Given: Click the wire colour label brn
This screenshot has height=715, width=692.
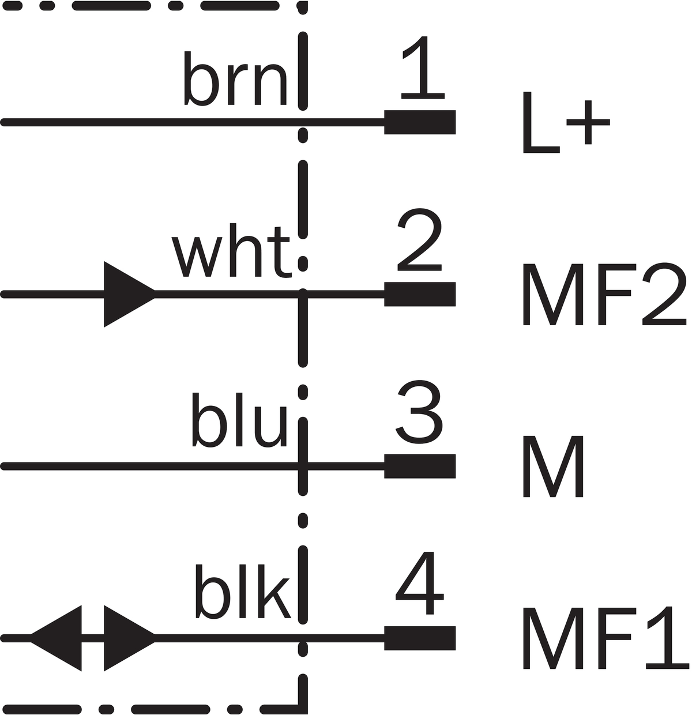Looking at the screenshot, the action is (x=235, y=78).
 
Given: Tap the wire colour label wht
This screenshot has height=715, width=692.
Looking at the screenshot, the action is (x=232, y=251).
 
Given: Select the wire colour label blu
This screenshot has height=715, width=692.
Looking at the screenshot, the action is (x=239, y=420).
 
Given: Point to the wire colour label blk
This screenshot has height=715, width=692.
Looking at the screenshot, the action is (x=243, y=591).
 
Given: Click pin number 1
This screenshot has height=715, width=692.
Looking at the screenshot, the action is (x=423, y=67).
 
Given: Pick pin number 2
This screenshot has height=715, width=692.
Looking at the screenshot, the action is (x=420, y=239).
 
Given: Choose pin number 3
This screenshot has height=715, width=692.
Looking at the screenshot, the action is (x=419, y=412).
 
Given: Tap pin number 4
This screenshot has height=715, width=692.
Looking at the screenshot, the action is (x=420, y=583).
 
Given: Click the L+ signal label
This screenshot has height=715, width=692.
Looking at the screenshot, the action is (x=566, y=122).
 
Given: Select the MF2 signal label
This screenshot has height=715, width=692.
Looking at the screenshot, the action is (x=604, y=294).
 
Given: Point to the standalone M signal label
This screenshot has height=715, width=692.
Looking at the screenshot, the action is (x=553, y=466).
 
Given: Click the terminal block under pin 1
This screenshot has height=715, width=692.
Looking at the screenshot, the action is (x=420, y=122).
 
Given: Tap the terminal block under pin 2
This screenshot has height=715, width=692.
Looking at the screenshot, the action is (x=420, y=294).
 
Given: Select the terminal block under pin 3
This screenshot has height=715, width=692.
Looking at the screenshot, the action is (x=420, y=466).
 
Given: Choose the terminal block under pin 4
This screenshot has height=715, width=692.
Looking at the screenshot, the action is (x=420, y=638).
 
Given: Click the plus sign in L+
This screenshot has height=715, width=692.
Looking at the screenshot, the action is (x=588, y=122).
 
